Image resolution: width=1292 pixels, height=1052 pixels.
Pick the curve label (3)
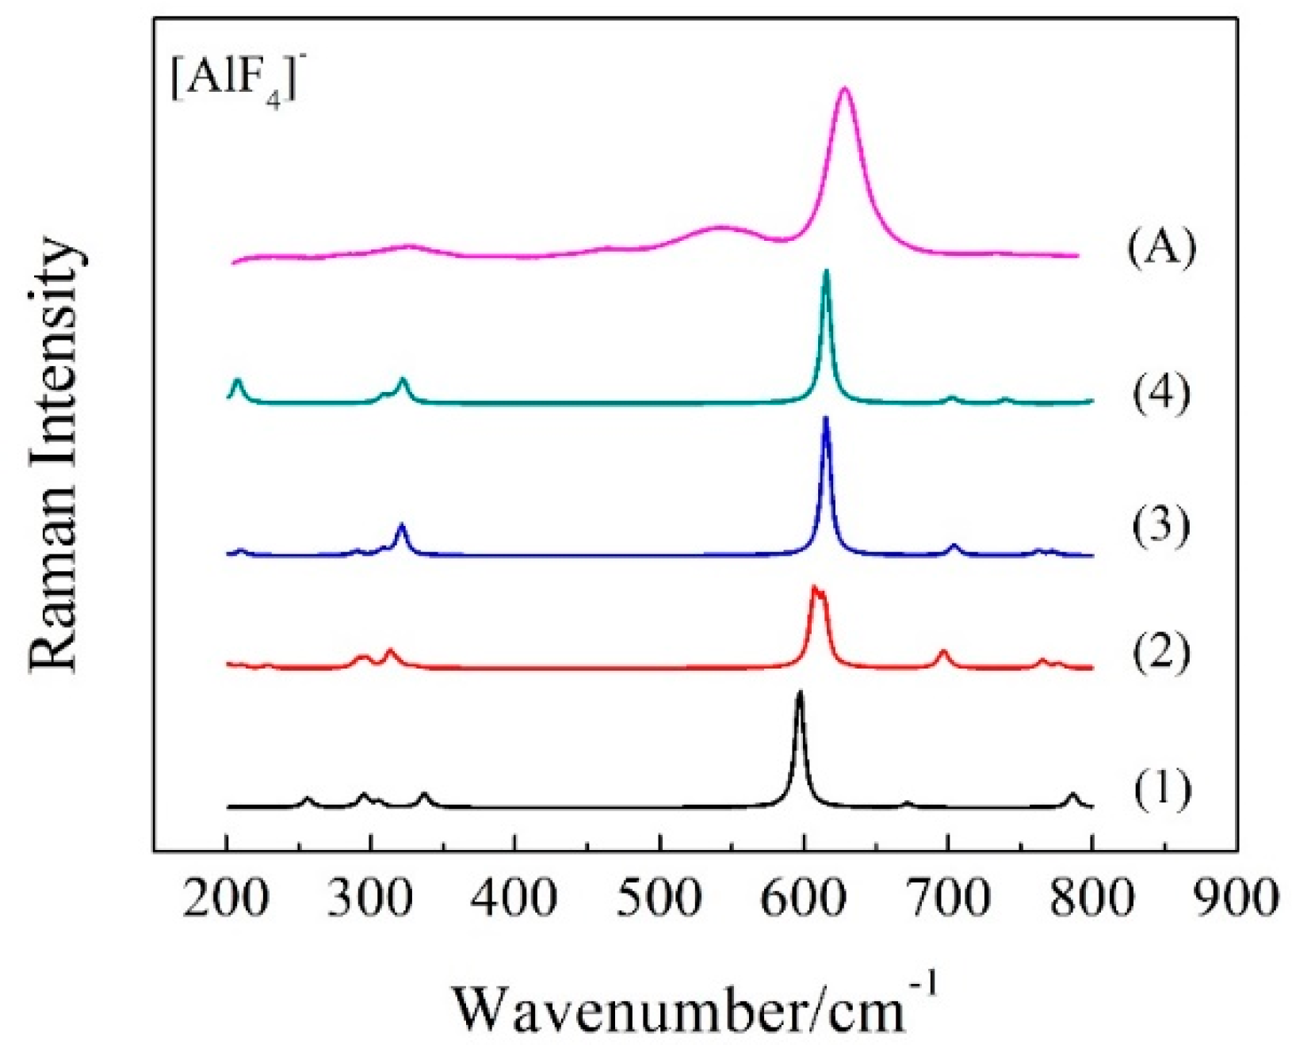click(1160, 525)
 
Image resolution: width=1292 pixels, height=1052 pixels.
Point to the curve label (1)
click(1160, 790)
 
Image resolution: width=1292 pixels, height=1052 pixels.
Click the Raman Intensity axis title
click(55, 455)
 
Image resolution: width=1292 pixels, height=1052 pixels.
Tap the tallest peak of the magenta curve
click(845, 89)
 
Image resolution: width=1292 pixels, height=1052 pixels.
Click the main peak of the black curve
click(800, 692)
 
